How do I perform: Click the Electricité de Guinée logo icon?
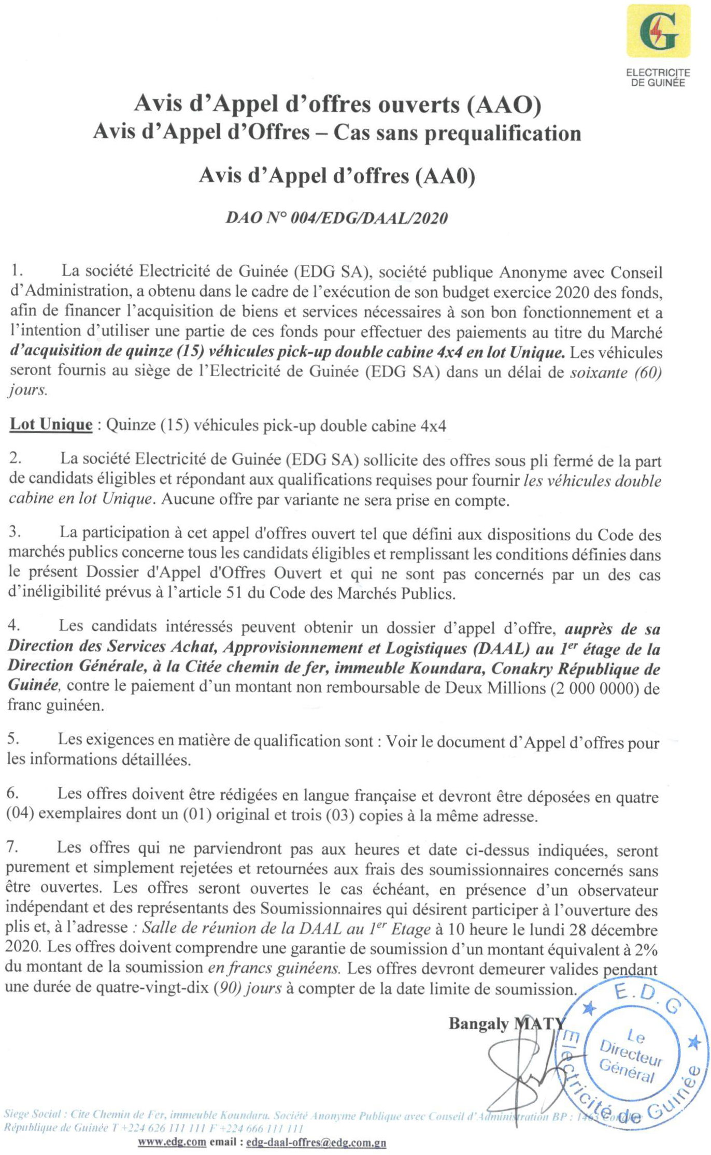658,32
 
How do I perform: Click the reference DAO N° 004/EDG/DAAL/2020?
336,218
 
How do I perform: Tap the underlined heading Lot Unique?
51,425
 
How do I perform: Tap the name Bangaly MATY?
507,1023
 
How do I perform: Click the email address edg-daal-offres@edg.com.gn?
316,1143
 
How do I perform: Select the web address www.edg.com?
172,1143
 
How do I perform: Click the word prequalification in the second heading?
503,134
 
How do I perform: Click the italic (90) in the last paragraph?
229,988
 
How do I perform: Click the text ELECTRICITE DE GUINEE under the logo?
658,78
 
